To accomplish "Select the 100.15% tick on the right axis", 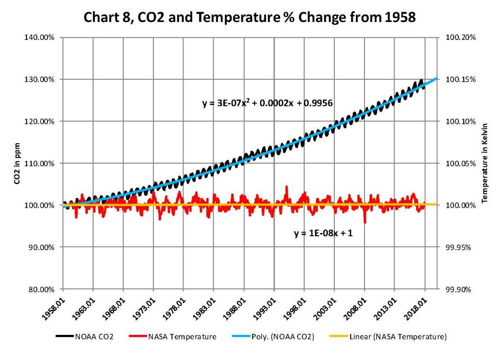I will tap(458, 80).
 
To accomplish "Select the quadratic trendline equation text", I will tap(268, 103).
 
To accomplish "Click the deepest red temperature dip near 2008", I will tap(365, 222).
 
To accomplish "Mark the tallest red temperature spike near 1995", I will tap(286, 187).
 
